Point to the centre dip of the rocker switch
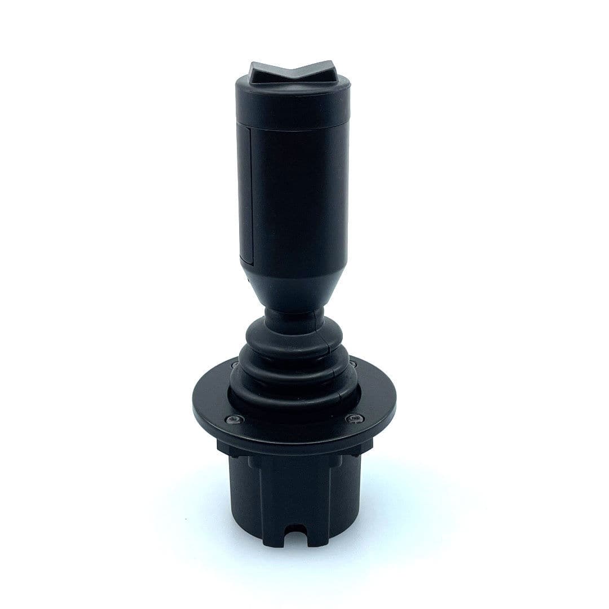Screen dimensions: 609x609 click(x=292, y=78)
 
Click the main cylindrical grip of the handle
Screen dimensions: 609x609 click(x=296, y=197)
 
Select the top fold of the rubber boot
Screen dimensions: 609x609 click(x=293, y=338)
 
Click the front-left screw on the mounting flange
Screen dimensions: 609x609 click(x=233, y=419)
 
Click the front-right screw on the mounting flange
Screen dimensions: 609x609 click(x=354, y=418)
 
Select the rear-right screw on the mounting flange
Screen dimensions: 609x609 click(x=352, y=364)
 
